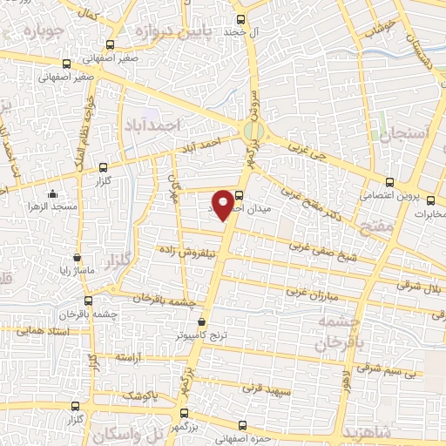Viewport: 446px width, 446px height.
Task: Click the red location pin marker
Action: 224,203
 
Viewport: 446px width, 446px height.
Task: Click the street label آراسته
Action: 128,358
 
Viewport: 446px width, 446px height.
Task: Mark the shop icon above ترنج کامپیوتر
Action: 202,321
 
